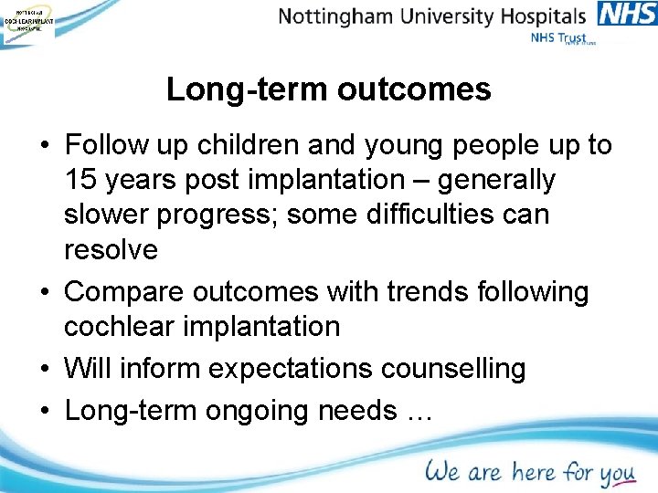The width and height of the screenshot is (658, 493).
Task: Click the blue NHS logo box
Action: pyautogui.click(x=627, y=15)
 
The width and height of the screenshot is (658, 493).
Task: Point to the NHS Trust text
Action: pyautogui.click(x=558, y=38)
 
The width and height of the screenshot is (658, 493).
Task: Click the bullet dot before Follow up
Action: pyautogui.click(x=45, y=146)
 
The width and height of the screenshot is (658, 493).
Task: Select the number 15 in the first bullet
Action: pyautogui.click(x=81, y=180)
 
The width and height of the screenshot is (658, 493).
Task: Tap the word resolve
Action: pyautogui.click(x=111, y=249)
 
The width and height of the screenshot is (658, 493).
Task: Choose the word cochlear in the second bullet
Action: pyautogui.click(x=122, y=326)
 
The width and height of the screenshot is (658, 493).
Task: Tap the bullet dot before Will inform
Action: pyautogui.click(x=45, y=370)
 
